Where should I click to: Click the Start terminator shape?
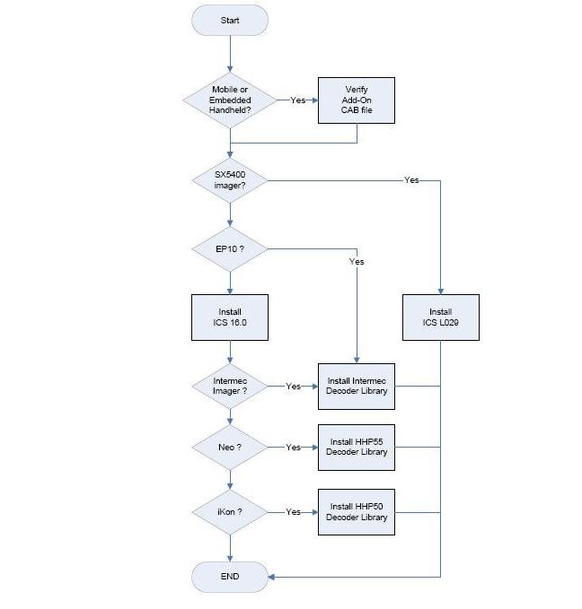pyautogui.click(x=230, y=20)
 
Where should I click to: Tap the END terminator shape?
pyautogui.click(x=230, y=576)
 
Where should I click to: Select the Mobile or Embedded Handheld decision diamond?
pyautogui.click(x=230, y=100)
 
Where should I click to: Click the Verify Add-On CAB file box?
pyautogui.click(x=357, y=100)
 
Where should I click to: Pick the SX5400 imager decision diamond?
pyautogui.click(x=230, y=179)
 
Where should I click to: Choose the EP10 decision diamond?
pyautogui.click(x=230, y=248)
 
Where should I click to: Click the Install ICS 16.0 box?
pyautogui.click(x=230, y=318)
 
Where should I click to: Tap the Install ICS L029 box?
pyautogui.click(x=441, y=318)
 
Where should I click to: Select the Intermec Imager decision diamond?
pyautogui.click(x=230, y=387)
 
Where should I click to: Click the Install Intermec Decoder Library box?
pyautogui.click(x=357, y=387)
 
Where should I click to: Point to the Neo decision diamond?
pyautogui.click(x=230, y=447)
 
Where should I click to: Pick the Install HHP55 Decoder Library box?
pyautogui.click(x=357, y=447)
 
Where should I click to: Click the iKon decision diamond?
pyautogui.click(x=230, y=511)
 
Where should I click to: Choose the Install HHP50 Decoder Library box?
pyautogui.click(x=357, y=511)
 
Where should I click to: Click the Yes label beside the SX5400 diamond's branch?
pyautogui.click(x=411, y=180)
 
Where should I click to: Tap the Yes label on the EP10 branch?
pyautogui.click(x=357, y=262)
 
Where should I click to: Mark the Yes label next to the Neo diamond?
pyautogui.click(x=293, y=447)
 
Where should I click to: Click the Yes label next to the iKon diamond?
pyautogui.click(x=293, y=511)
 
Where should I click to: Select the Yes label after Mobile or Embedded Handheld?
pyautogui.click(x=297, y=100)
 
